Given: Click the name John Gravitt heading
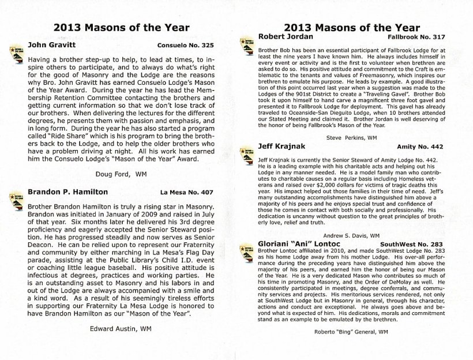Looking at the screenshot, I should coord(51,44).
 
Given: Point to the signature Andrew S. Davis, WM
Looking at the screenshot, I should coord(351,236).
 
